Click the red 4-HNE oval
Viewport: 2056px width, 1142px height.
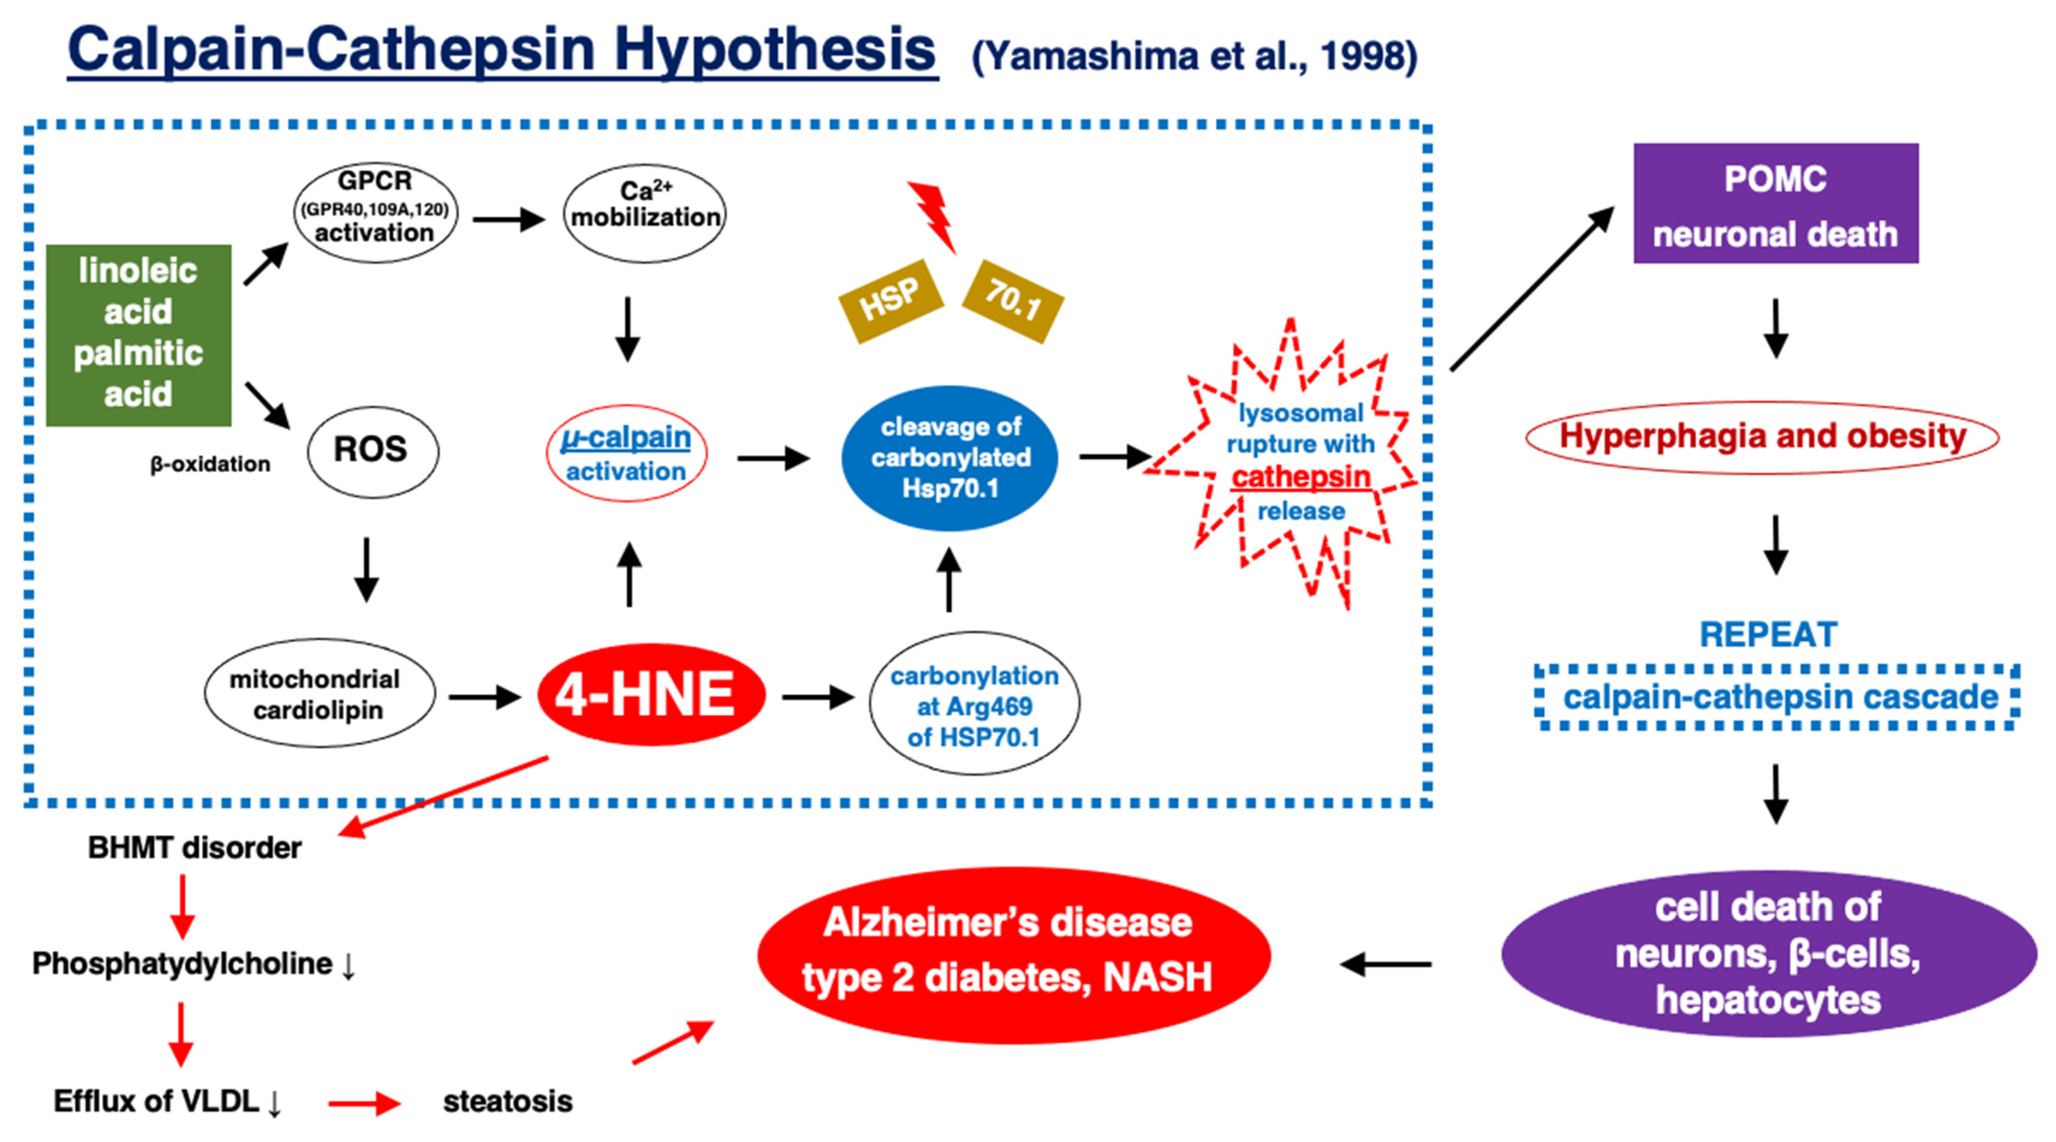[651, 695]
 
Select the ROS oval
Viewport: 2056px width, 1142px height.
[372, 450]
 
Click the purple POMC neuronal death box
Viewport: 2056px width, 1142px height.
[1775, 204]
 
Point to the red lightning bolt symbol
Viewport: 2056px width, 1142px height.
[933, 214]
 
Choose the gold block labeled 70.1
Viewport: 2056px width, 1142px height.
[1013, 300]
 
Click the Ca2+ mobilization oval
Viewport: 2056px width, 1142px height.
[645, 212]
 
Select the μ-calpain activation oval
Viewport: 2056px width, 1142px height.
[626, 453]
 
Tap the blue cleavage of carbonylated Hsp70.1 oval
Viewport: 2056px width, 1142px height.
[950, 458]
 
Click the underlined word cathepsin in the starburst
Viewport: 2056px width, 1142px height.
[1300, 478]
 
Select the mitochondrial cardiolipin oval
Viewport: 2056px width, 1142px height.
[319, 693]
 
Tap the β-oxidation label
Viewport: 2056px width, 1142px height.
[210, 464]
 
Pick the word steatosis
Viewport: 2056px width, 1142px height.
[508, 1101]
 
